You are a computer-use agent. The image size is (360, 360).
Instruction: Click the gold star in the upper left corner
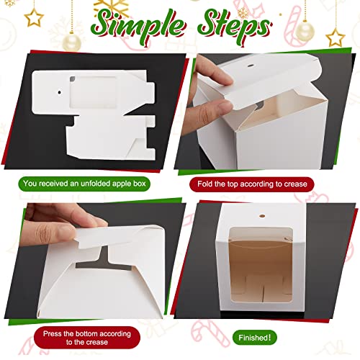33,16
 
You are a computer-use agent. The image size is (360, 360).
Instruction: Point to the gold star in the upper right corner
334,36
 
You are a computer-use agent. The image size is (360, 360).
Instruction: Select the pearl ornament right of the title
305,30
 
